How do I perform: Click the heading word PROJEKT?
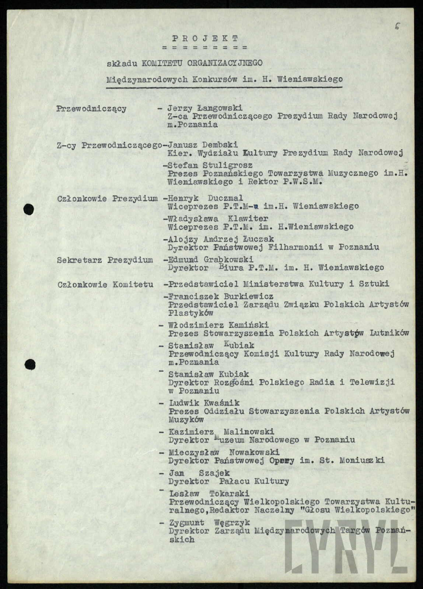pyautogui.click(x=205, y=38)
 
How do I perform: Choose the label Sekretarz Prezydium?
pyautogui.click(x=105, y=260)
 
